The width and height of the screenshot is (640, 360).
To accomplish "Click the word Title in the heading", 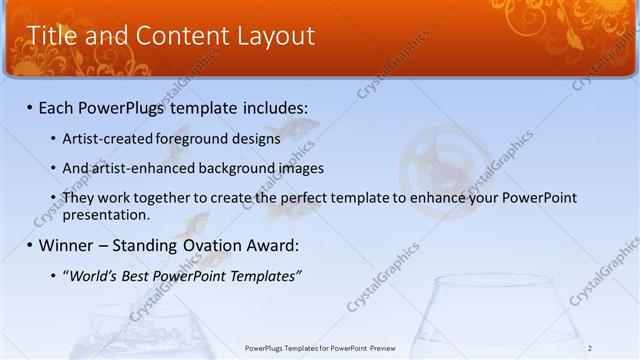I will (54, 36).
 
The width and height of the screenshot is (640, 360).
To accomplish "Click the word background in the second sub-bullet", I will (233, 169).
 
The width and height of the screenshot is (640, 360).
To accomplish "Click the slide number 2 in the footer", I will (590, 348).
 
